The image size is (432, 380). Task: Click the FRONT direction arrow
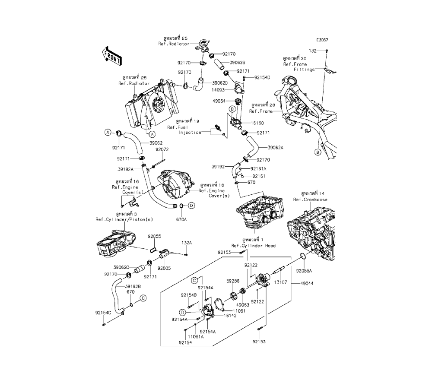click(111, 55)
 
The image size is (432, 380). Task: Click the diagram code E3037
click(322, 40)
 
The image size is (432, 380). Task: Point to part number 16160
click(257, 123)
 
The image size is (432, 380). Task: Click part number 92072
click(162, 149)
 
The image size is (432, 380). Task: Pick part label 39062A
click(275, 147)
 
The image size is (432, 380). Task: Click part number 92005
click(164, 268)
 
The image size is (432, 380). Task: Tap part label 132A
click(186, 243)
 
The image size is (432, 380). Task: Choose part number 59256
click(233, 281)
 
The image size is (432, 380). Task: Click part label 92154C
click(104, 312)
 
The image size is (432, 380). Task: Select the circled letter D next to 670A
click(191, 205)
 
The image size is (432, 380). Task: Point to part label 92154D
click(262, 78)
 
